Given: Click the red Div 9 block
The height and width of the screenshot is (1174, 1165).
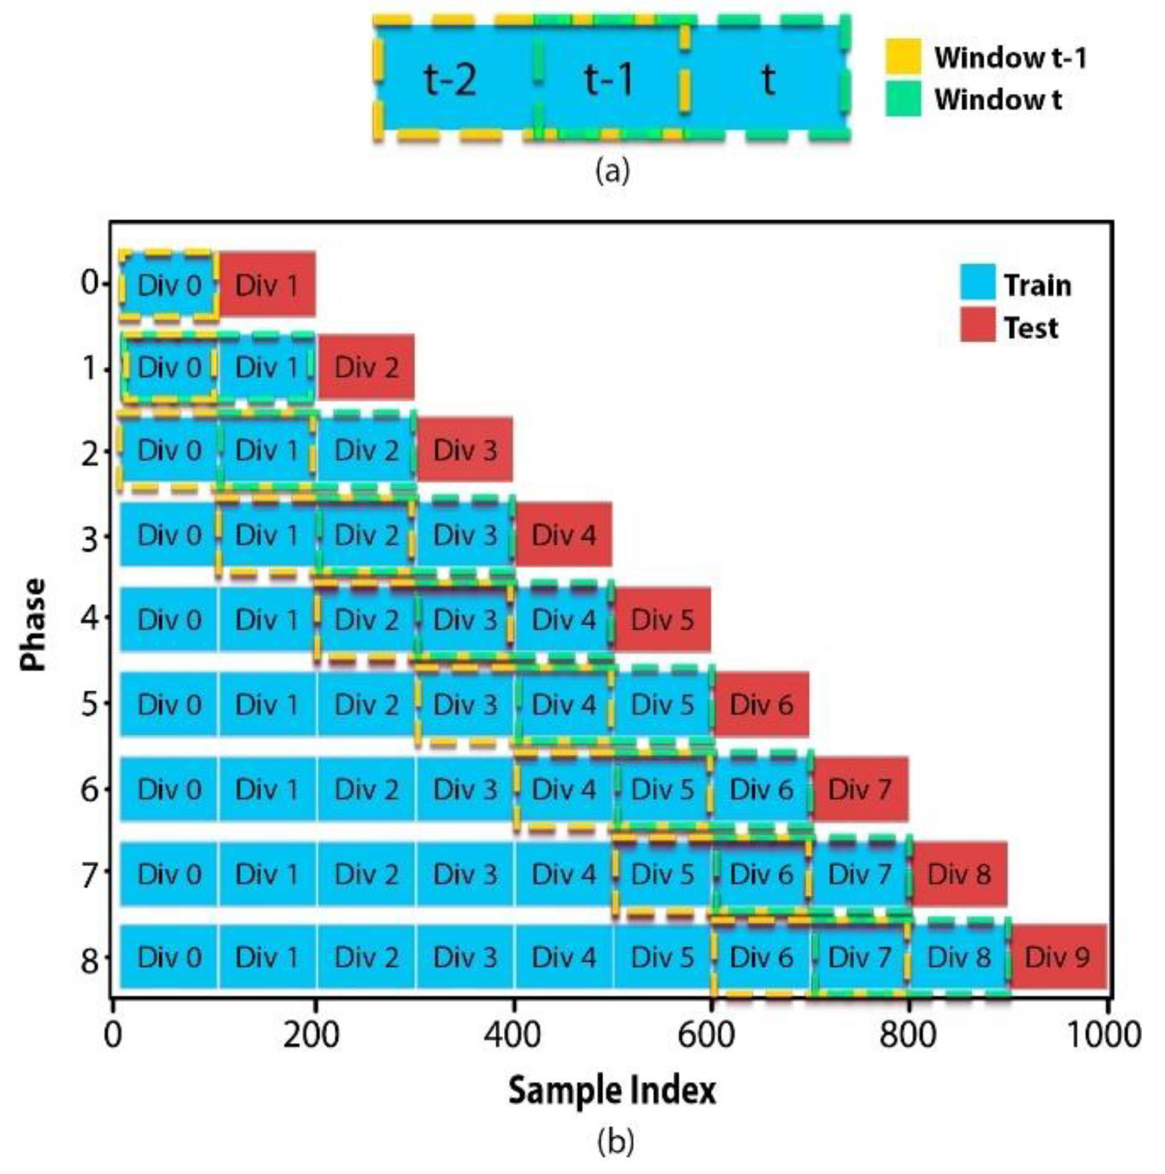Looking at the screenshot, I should [x=1057, y=957].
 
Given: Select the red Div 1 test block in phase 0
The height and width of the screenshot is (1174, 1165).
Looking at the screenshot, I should [x=267, y=284].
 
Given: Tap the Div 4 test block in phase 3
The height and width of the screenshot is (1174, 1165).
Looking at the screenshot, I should [x=564, y=535].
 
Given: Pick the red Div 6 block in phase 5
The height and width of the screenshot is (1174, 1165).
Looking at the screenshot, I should [x=761, y=704].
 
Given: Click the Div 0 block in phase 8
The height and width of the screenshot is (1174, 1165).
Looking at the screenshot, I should [x=169, y=957].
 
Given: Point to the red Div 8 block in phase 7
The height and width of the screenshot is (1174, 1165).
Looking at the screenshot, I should [x=958, y=874].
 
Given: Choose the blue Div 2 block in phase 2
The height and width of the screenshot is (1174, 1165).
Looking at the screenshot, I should [x=366, y=449].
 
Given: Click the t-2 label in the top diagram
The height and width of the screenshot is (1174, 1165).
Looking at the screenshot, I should [x=450, y=79].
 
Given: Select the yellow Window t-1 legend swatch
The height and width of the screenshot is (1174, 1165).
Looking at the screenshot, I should [x=902, y=56].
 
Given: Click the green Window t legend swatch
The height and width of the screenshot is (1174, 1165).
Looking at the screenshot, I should [x=902, y=99].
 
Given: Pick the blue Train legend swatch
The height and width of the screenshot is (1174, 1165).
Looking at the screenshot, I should [x=977, y=282].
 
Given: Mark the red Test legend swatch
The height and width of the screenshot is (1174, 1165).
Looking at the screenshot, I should [x=977, y=325].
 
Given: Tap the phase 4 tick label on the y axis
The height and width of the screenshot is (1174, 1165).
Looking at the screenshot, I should [x=90, y=618].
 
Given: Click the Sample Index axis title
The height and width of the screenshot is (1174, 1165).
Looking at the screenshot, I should [x=611, y=1091].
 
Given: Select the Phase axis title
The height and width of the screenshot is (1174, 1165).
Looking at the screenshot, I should [x=34, y=624].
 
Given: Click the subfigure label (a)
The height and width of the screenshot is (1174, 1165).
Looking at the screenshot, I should [x=612, y=170].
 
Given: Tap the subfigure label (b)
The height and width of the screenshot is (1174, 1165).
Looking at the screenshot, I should [x=614, y=1140].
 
